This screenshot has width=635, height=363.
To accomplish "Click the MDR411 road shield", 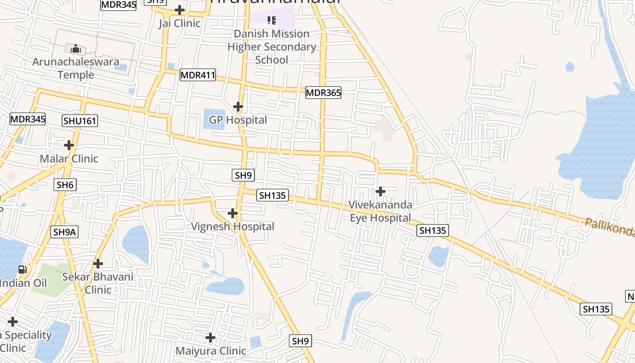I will tap(198, 75).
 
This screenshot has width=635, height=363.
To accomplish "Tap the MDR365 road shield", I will tap(323, 93).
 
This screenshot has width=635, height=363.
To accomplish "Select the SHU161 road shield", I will tap(80, 121).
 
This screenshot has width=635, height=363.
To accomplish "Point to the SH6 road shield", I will tap(65, 185).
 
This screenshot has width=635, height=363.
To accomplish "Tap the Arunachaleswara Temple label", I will tap(76, 68).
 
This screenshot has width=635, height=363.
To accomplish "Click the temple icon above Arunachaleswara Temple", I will tap(76, 49).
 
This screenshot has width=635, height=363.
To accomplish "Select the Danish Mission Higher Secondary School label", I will tap(272, 47).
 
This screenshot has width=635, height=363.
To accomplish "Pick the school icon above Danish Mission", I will tap(272, 20).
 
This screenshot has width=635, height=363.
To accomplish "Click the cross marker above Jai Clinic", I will tap(180, 10).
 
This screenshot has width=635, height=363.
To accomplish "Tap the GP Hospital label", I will tap(238, 120).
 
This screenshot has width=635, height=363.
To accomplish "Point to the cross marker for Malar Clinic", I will tap(69, 145).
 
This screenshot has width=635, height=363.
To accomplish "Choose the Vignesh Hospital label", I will tap(232, 226).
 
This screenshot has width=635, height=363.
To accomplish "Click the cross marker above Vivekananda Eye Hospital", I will tap(381, 191).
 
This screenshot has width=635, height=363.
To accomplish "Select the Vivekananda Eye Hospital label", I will tap(381, 211).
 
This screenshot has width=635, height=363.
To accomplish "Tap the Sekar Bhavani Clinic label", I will tap(98, 283).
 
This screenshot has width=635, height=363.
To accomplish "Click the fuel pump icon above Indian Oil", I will tap(22, 270).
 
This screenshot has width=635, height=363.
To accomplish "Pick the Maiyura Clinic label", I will tap(210, 351).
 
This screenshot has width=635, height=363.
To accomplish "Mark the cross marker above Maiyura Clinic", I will tap(210, 338).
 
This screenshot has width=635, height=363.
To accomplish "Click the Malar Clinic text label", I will tap(69, 159).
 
